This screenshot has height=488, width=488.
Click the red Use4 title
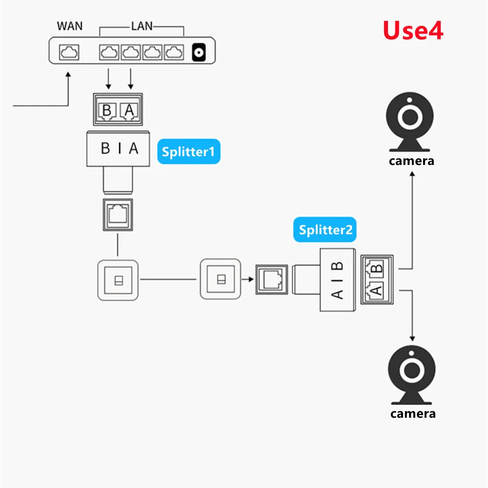[413, 30]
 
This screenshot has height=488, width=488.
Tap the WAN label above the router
[70, 25]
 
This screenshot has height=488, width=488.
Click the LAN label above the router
[142, 25]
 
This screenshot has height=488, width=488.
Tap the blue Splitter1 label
[188, 152]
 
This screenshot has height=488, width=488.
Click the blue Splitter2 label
[325, 230]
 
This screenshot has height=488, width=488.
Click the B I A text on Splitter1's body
[120, 148]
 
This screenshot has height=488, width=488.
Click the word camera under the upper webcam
[411, 161]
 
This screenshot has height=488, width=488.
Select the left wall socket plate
[118, 280]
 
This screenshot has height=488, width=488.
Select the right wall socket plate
[221, 280]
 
